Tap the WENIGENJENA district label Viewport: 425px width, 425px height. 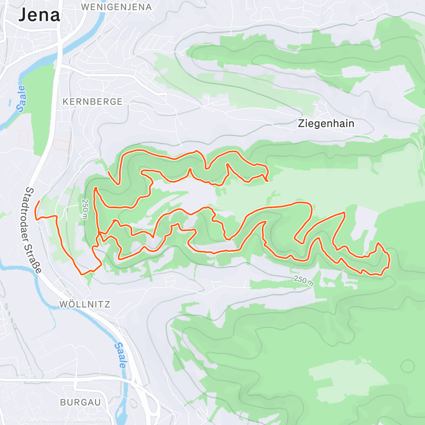click(116, 7)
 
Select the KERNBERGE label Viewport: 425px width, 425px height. click(92, 102)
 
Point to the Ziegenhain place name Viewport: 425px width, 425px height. click(326, 124)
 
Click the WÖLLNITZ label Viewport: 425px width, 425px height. click(85, 304)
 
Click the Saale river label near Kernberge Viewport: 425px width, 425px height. click(22, 99)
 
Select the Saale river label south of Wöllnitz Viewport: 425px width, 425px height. click(121, 355)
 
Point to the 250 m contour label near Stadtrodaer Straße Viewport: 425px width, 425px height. click(85, 210)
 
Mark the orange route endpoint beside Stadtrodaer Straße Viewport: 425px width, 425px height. click(40, 201)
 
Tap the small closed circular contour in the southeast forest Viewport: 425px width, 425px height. click(407, 365)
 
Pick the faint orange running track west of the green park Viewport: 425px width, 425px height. click(23, 136)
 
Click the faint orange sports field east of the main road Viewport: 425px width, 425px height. click(62, 145)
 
